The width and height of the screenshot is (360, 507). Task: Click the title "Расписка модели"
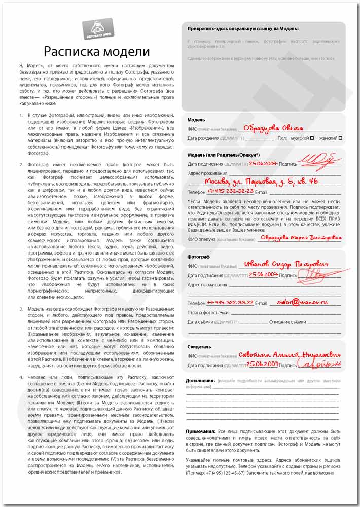[96, 51]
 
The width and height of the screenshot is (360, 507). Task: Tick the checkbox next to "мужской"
[312, 138]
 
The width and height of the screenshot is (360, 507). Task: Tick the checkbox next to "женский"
[340, 138]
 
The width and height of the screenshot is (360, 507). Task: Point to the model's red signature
[319, 162]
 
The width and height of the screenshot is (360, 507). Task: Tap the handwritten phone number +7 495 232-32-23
[230, 192]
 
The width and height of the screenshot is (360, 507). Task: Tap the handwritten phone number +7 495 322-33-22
[230, 302]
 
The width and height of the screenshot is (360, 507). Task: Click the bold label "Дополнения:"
[200, 380]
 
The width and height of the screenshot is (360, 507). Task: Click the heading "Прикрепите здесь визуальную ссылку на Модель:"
[243, 29]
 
